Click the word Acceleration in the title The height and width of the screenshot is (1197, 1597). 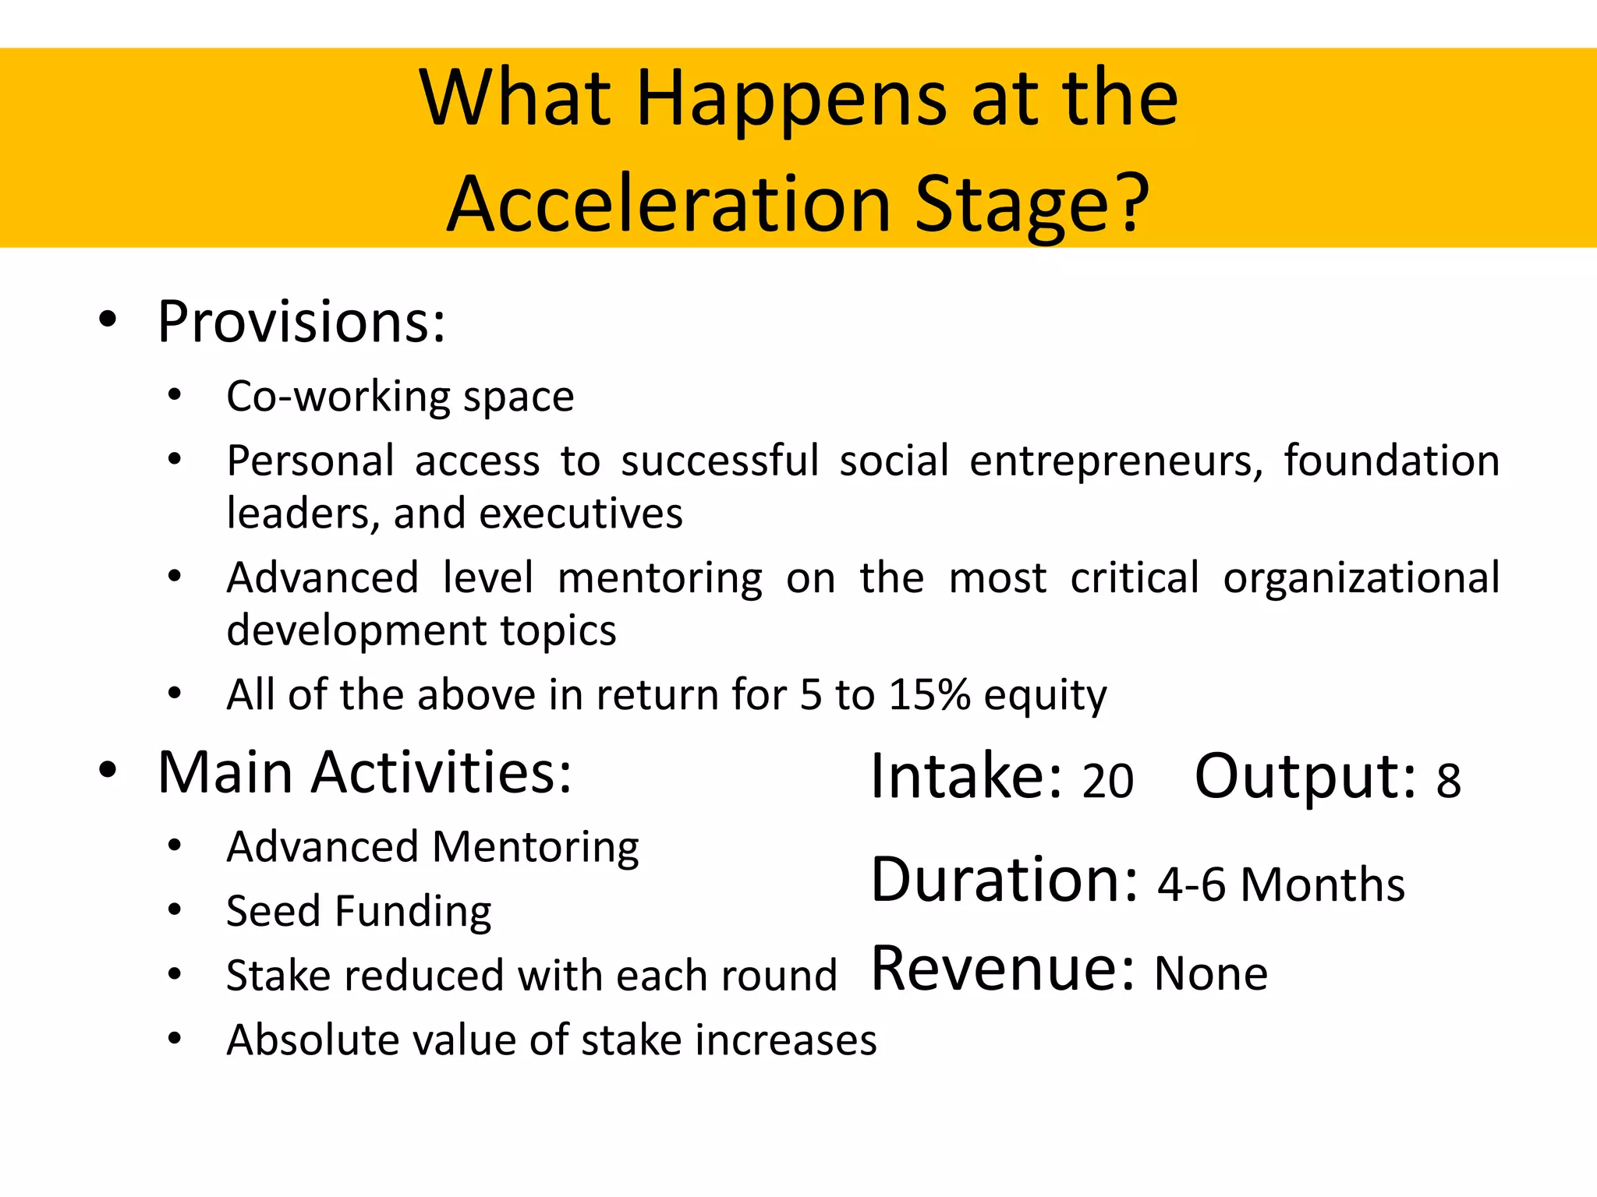(x=669, y=204)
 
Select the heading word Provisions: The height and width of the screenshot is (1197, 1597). (x=301, y=322)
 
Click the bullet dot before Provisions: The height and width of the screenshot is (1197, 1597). (x=108, y=320)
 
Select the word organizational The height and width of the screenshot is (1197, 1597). (x=1361, y=578)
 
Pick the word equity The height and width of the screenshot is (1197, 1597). (x=1045, y=696)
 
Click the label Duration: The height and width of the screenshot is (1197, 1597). (x=1004, y=880)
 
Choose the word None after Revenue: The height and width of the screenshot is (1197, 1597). (x=1210, y=974)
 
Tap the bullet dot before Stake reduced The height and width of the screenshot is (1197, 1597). (x=175, y=974)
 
